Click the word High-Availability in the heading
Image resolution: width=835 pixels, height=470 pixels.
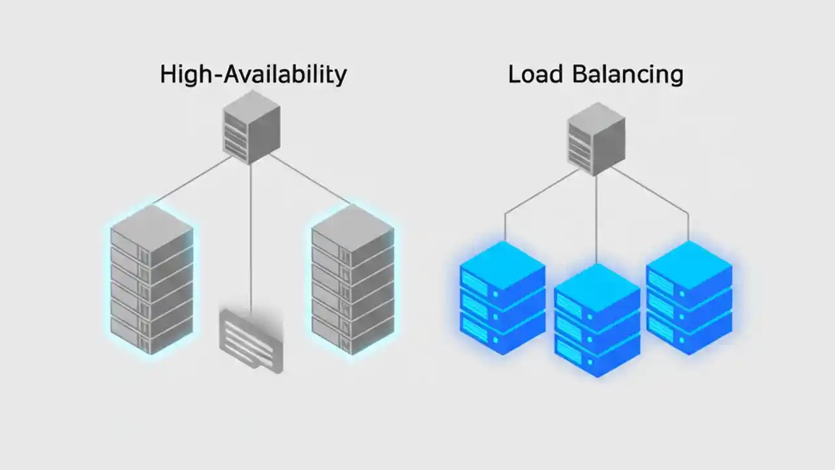(x=253, y=74)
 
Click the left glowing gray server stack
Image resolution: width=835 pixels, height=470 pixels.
(x=151, y=281)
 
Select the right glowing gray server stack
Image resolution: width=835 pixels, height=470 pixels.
(x=352, y=281)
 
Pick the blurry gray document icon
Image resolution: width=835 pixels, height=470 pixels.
(x=251, y=339)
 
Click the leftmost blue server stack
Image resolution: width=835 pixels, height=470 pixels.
(x=502, y=297)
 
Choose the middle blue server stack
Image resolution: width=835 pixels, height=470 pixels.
(x=597, y=320)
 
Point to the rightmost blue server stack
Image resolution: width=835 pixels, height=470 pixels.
(x=689, y=297)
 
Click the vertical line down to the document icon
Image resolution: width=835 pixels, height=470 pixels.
(x=251, y=235)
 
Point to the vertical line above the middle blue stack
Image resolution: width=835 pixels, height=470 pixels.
(x=596, y=222)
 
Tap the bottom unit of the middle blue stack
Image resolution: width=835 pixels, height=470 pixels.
(x=597, y=352)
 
